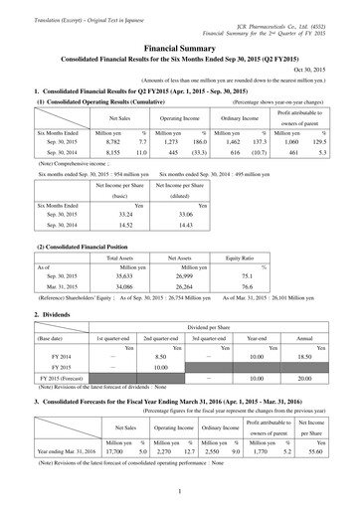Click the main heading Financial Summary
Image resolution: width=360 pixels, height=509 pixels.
point(181,46)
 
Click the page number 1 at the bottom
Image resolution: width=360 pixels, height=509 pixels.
point(181,489)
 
